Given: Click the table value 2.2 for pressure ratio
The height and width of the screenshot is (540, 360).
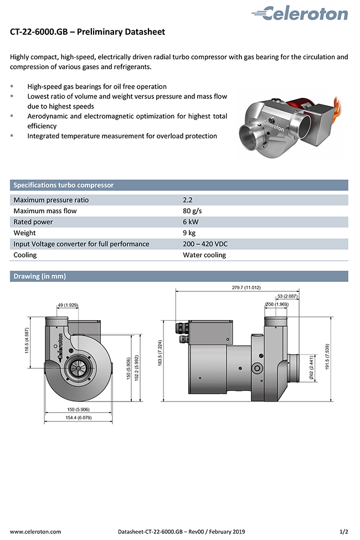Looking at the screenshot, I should click(188, 200).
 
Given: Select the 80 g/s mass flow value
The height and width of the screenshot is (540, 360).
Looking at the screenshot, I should click(192, 211).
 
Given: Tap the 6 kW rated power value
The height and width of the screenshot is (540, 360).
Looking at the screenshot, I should click(191, 222).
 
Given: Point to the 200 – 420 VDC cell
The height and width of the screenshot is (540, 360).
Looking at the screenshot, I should click(205, 244).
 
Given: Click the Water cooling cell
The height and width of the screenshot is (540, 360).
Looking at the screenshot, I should click(204, 255).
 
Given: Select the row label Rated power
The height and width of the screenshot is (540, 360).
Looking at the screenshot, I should click(33, 222).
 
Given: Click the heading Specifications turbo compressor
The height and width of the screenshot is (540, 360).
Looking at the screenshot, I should click(64, 185).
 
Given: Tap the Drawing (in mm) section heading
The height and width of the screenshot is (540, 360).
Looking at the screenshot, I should click(39, 276).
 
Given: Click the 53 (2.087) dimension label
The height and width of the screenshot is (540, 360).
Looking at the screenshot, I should click(287, 296).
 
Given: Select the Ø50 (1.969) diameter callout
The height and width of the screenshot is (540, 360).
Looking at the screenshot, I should click(277, 304).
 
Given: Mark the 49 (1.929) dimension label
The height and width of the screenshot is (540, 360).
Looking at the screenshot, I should click(68, 305).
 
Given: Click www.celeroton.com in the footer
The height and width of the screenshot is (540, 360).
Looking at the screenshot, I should click(35, 532).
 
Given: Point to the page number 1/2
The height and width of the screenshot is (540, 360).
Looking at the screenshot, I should click(344, 532).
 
